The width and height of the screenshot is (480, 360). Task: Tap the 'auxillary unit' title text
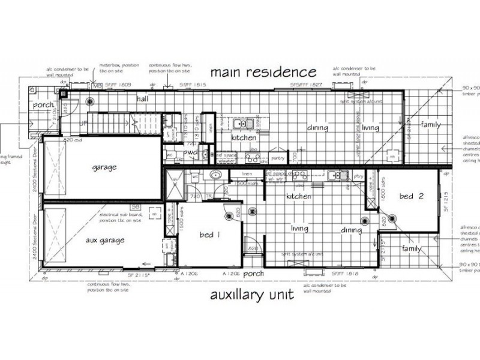pos(252,295)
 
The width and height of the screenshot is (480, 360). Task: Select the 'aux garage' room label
pos(104,240)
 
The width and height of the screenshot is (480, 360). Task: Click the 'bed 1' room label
pos(209,235)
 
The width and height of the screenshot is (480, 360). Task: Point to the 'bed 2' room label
pos(407,196)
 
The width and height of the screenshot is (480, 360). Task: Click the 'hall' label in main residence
pos(143,98)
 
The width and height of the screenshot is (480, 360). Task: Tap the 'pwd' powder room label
pos(191,152)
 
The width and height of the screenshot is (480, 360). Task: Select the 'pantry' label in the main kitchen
pos(278,158)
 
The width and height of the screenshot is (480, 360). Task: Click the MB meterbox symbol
pos(97,86)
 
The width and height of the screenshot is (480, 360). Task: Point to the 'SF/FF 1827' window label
pos(307,85)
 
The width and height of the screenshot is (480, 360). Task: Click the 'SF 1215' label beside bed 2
pos(445,200)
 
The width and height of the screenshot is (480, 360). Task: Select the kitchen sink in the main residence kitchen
pos(244,124)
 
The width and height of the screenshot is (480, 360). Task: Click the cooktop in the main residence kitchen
pos(251,158)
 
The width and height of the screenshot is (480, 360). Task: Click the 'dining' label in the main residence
pos(318,128)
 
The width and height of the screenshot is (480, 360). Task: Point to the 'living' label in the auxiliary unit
pos(299,229)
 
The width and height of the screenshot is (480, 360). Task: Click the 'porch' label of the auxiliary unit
pos(253,274)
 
